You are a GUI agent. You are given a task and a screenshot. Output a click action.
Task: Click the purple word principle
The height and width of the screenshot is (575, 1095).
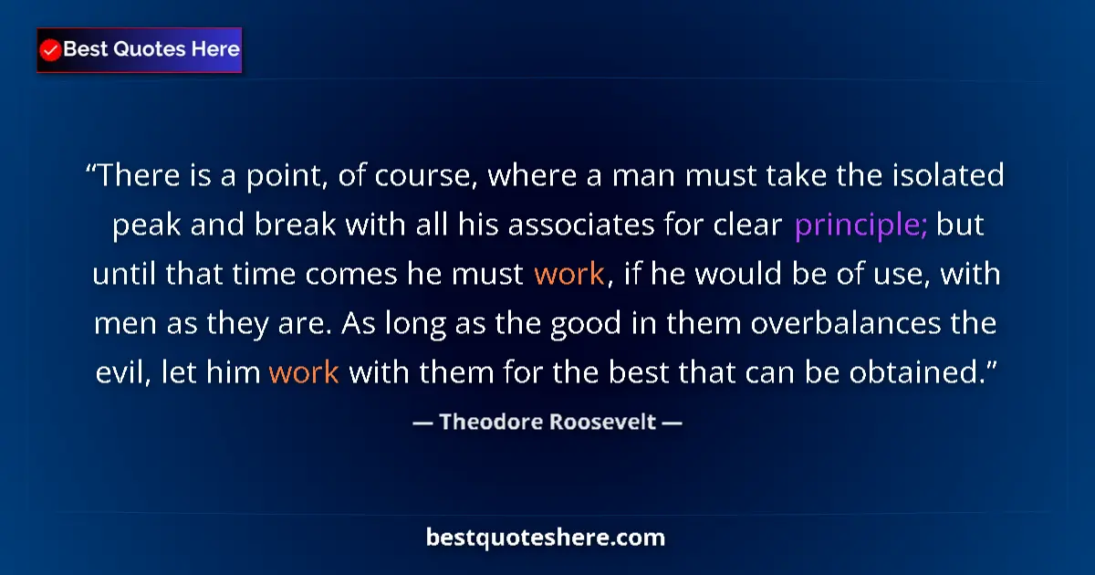[x=860, y=225]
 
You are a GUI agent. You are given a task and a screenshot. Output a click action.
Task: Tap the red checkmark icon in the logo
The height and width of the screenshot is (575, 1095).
[x=51, y=50]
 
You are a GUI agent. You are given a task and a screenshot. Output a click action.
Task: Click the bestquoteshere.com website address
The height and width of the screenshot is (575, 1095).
[x=546, y=538]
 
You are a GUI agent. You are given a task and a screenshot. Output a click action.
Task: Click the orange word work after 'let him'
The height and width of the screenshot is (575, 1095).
[x=304, y=373]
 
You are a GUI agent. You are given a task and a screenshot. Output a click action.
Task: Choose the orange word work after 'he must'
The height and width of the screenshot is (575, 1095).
[x=568, y=275]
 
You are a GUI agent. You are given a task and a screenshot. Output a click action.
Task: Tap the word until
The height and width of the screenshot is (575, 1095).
[x=123, y=275]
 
